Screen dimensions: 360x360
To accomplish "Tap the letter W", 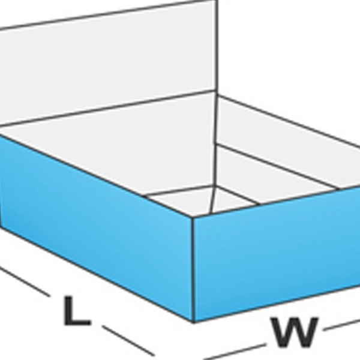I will click(x=294, y=331).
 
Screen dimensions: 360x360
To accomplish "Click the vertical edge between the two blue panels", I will click(x=193, y=270).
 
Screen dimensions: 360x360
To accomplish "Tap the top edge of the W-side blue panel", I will click(x=276, y=201).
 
